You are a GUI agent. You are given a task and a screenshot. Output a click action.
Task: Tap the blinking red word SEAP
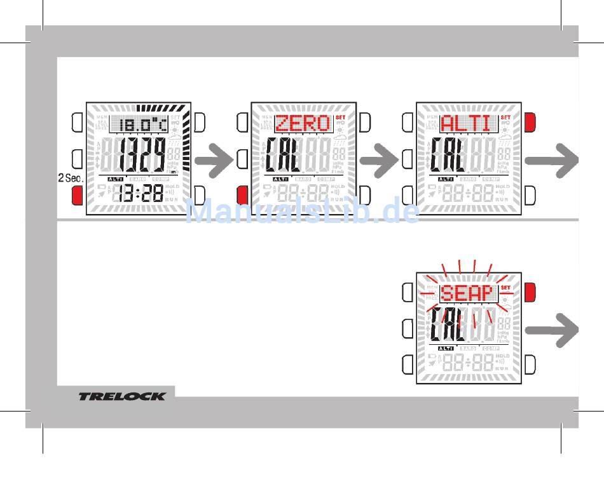coord(467,293)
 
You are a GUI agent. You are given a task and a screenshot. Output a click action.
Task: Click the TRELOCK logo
coord(121,396)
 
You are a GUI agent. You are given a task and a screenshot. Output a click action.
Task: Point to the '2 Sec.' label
coord(71,178)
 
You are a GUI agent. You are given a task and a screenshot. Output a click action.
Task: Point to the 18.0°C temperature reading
coord(141,124)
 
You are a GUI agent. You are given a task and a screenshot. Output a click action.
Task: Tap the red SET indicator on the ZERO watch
coord(340,117)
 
